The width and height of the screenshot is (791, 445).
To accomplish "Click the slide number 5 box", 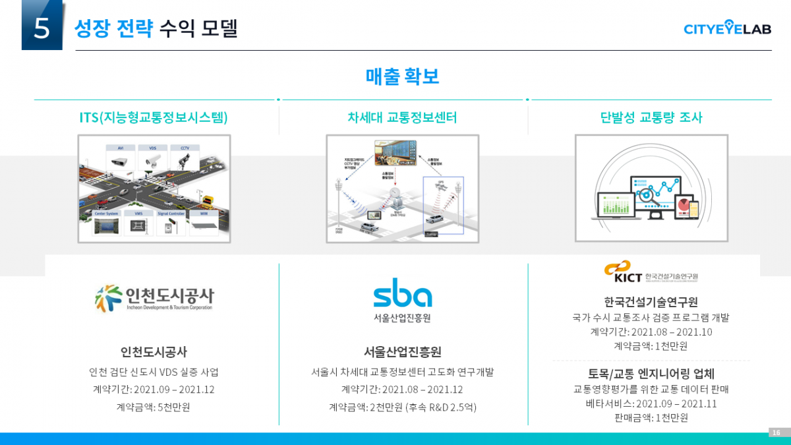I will click(x=42, y=26).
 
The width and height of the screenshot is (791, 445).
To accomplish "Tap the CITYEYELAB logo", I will click(x=727, y=28).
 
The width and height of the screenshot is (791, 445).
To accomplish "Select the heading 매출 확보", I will click(x=402, y=76).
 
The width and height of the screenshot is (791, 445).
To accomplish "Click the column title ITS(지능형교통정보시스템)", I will click(x=154, y=117).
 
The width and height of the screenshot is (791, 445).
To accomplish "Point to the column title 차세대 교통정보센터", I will click(x=402, y=117).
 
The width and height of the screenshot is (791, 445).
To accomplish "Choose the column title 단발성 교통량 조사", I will click(x=651, y=117).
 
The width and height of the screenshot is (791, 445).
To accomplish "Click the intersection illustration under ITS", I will click(x=154, y=189).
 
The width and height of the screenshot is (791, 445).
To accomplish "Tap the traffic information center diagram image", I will click(x=402, y=189).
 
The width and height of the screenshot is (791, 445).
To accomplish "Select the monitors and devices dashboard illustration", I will click(x=651, y=189).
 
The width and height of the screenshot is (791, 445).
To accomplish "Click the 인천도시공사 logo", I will click(x=154, y=298).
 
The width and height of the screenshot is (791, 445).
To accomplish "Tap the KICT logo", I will click(x=651, y=271).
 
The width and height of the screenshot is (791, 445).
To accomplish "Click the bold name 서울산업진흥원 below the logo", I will click(x=402, y=351).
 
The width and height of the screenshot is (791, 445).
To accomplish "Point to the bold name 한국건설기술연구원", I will click(x=651, y=302).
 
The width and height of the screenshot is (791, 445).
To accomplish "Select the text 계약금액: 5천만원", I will click(x=154, y=407).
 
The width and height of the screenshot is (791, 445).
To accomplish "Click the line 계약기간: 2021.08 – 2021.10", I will click(x=651, y=332).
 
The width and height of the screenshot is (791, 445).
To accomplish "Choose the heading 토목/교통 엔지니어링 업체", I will click(x=651, y=373).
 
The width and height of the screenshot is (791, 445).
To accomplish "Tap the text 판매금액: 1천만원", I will click(x=651, y=417).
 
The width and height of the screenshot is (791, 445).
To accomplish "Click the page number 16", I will click(x=776, y=432).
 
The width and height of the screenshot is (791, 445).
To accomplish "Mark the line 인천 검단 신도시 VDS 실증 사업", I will click(x=154, y=372).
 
